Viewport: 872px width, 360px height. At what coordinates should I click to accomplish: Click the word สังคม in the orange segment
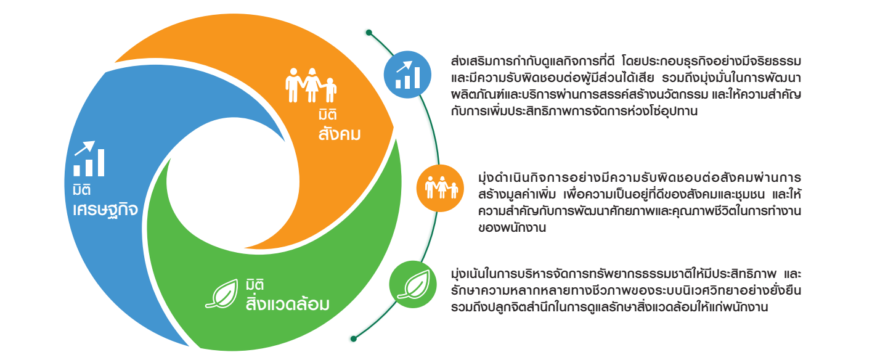point(340,134)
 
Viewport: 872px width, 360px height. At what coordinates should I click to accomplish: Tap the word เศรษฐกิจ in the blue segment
point(105,210)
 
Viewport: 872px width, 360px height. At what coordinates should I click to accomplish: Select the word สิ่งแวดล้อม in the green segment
point(288,303)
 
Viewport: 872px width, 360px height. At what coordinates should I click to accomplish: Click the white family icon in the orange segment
point(311,85)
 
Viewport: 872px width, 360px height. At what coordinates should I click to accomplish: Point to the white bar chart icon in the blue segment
point(89,158)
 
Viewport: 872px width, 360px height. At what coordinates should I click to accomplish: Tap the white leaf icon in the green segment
point(222,294)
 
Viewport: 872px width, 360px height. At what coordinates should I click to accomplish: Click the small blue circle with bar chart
point(407,75)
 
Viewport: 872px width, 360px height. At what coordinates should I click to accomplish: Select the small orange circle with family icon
point(440,188)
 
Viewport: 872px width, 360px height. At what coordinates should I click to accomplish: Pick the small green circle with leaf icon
point(413,284)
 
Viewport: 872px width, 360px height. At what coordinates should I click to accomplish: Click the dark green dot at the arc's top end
point(369,33)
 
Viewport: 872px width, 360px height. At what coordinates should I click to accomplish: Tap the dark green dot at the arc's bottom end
point(354,338)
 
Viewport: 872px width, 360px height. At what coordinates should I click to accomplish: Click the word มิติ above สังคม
point(327,115)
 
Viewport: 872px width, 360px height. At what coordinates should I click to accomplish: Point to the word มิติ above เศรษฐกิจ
point(82,190)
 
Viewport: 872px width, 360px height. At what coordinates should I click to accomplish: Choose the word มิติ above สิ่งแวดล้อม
point(255,284)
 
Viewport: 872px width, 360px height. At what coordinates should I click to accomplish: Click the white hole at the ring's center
point(233,182)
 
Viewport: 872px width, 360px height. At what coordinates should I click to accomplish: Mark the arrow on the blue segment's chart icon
point(85,148)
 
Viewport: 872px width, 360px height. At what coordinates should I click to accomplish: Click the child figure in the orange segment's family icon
point(330,90)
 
